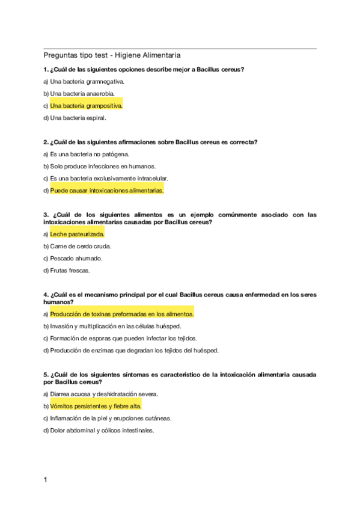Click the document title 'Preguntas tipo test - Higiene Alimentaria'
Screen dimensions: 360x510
pyautogui.click(x=112, y=55)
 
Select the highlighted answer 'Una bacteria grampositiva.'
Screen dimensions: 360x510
pyautogui.click(x=86, y=105)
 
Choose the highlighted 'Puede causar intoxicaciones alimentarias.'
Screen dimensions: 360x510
pyautogui.click(x=106, y=191)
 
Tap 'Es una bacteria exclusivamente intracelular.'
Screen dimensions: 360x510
pyautogui.click(x=109, y=179)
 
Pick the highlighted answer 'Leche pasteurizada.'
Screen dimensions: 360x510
pyautogui.click(x=77, y=234)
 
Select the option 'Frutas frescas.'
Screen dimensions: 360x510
pyautogui.click(x=70, y=271)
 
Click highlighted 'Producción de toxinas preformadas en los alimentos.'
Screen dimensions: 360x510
pyautogui.click(x=121, y=314)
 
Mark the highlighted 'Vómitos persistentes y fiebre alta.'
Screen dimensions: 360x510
pyautogui.click(x=96, y=406)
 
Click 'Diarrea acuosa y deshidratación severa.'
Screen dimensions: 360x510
pyautogui.click(x=104, y=394)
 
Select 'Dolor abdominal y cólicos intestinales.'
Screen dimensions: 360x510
pyautogui.click(x=102, y=431)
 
